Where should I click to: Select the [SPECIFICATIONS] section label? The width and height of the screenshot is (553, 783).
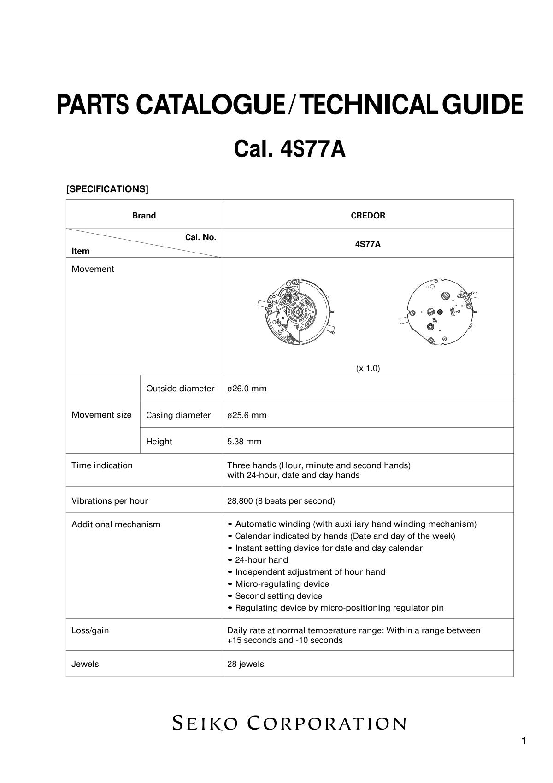tap(107, 189)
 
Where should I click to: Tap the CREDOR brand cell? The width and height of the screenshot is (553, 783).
tap(368, 215)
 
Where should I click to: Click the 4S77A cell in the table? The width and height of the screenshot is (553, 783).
tap(368, 244)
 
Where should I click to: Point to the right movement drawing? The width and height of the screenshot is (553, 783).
tap(439, 312)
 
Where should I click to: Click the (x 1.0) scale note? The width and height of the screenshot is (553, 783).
tap(368, 368)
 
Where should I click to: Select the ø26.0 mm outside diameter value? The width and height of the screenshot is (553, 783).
tap(247, 389)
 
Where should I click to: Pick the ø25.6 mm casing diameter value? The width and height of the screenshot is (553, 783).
tap(247, 415)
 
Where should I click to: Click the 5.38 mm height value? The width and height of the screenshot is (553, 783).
tap(244, 442)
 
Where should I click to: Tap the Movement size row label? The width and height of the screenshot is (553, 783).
tap(101, 415)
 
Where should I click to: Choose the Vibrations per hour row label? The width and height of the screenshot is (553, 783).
tap(110, 501)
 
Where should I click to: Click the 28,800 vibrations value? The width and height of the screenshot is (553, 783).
tap(281, 501)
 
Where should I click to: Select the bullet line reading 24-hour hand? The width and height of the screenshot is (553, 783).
tap(261, 560)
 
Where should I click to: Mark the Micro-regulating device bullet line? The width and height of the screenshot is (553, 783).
tap(282, 584)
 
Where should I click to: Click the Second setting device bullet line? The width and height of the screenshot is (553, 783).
tap(278, 596)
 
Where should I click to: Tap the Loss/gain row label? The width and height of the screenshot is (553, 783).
tap(90, 630)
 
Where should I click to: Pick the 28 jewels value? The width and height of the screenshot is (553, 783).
tap(246, 664)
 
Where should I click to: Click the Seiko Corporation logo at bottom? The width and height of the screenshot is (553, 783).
tap(289, 723)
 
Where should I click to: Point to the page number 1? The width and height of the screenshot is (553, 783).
tap(524, 741)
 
